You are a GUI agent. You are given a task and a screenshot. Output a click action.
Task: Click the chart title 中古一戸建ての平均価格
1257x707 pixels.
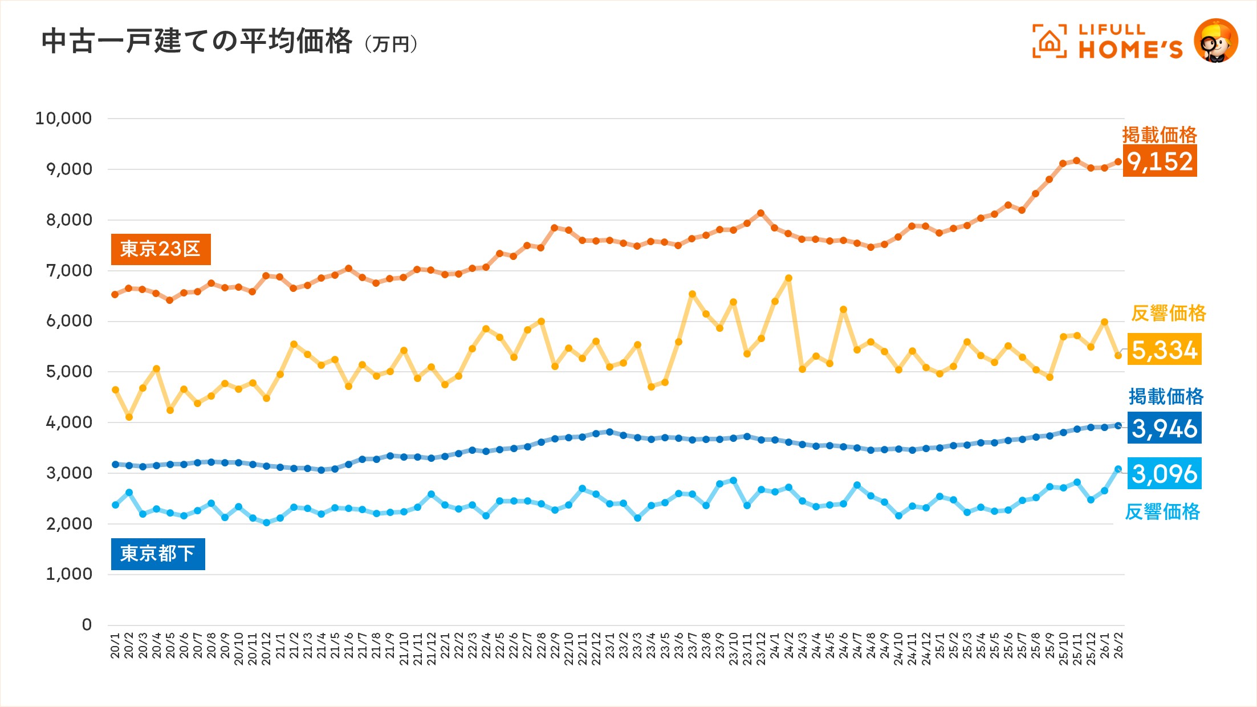pyautogui.click(x=197, y=41)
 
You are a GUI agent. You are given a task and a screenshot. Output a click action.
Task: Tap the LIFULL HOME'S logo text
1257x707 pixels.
pyautogui.click(x=1130, y=42)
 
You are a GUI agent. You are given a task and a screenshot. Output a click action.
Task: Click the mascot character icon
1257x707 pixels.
pyautogui.click(x=1215, y=40)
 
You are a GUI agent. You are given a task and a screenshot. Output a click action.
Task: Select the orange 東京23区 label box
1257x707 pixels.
pyautogui.click(x=161, y=249)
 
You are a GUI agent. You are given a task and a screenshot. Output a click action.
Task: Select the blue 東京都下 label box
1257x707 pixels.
pyautogui.click(x=158, y=554)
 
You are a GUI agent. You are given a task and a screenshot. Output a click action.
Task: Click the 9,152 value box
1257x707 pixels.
pyautogui.click(x=1160, y=161)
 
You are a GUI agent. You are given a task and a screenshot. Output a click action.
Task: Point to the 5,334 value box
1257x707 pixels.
pyautogui.click(x=1164, y=350)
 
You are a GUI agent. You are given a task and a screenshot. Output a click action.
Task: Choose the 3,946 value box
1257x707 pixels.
pyautogui.click(x=1164, y=428)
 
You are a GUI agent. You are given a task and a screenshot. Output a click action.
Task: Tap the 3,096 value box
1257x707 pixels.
pyautogui.click(x=1164, y=473)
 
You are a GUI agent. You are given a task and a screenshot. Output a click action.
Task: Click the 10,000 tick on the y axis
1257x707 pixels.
pyautogui.click(x=63, y=119)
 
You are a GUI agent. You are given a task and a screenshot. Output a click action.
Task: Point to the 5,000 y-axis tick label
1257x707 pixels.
pyautogui.click(x=68, y=372)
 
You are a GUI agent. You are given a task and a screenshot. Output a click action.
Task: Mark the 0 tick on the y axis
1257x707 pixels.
pyautogui.click(x=87, y=625)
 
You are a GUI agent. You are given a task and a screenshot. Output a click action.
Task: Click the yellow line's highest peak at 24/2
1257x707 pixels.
pyautogui.click(x=788, y=278)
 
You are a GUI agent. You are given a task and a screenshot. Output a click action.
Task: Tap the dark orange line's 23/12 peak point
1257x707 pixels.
pyautogui.click(x=760, y=213)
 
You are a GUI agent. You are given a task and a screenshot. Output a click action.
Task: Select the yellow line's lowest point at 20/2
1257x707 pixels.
pyautogui.click(x=129, y=417)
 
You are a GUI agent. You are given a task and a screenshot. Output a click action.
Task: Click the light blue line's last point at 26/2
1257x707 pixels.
pyautogui.click(x=1118, y=469)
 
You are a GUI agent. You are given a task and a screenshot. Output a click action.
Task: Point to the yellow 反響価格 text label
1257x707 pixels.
pyautogui.click(x=1169, y=314)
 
